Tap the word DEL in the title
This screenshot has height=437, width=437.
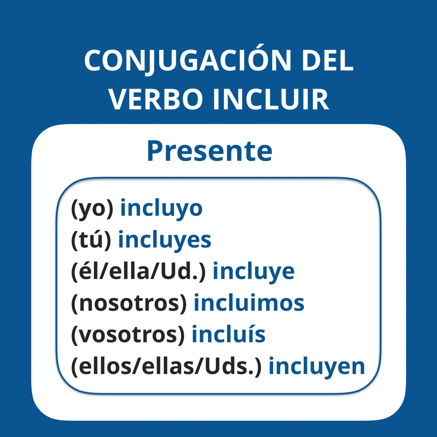(328, 60)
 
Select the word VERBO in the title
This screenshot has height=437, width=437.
(156, 100)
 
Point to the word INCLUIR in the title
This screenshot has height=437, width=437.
(271, 100)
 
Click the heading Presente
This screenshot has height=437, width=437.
(210, 151)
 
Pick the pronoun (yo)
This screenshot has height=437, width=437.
(92, 209)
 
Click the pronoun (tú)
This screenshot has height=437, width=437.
(91, 240)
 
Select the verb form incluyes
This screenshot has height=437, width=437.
(165, 240)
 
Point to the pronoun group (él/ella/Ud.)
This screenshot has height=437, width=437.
(138, 272)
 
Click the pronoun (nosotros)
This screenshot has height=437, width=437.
(129, 304)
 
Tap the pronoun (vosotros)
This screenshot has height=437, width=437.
(128, 335)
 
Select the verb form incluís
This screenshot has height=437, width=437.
(229, 334)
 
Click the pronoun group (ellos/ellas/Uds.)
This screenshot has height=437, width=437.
(166, 367)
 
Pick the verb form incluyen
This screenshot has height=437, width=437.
(316, 367)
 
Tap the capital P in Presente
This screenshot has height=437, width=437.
(156, 151)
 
